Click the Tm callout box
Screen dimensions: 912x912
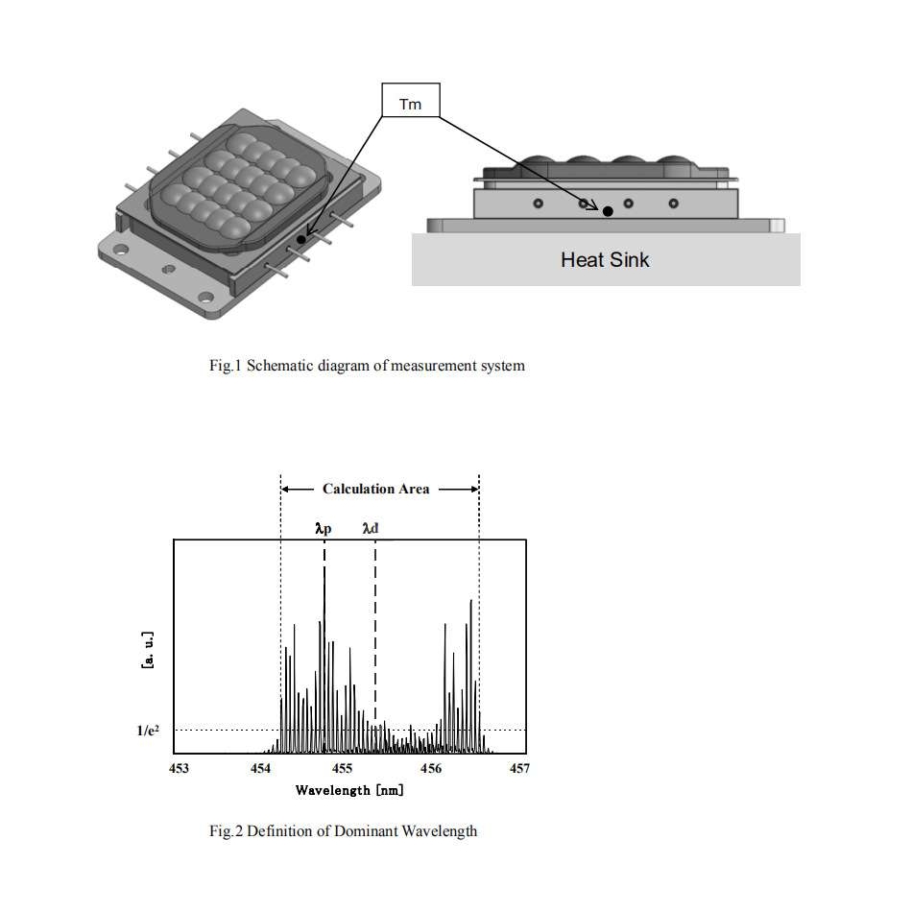(x=410, y=101)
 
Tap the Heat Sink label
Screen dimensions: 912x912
(x=605, y=258)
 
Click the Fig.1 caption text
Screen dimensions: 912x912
(x=367, y=366)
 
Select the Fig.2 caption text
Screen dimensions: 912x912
(x=343, y=831)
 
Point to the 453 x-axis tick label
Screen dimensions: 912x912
(x=178, y=769)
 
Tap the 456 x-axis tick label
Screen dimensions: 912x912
(x=432, y=769)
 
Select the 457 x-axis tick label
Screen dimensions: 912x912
(x=518, y=769)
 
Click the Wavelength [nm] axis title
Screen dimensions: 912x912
(x=349, y=790)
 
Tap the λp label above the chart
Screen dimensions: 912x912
(x=324, y=527)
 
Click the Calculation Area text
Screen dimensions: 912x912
(x=376, y=489)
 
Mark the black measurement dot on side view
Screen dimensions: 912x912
(x=608, y=211)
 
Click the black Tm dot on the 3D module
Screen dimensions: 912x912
(x=301, y=239)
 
